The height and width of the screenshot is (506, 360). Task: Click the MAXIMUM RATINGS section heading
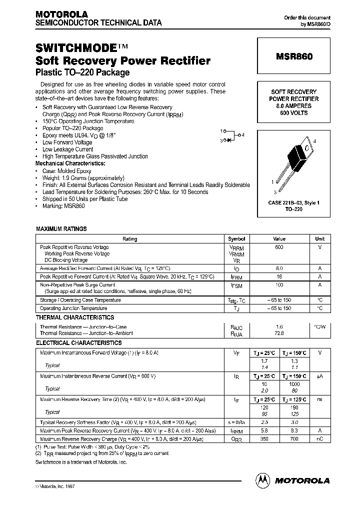coord(61,229)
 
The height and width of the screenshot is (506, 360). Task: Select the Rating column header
coord(129,239)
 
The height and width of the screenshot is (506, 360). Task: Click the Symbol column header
coord(236,239)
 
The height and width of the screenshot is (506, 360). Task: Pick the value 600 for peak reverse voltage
coord(279,247)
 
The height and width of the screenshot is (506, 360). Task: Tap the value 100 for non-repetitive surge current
coord(279,284)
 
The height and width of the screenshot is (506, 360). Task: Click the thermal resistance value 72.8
coord(279,332)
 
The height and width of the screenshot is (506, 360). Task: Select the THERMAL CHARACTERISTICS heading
coord(74,317)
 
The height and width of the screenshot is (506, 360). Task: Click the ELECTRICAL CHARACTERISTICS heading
coord(78,343)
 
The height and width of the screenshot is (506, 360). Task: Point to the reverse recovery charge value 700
coord(294,438)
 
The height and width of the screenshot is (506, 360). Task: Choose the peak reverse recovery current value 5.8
coord(265,430)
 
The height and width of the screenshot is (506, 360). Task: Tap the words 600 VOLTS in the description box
coord(294,113)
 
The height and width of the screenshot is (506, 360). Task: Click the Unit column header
coord(319,239)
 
